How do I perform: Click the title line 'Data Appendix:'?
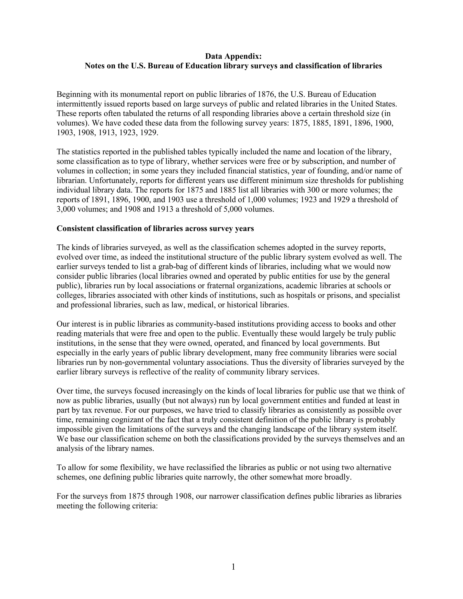pos(233,56)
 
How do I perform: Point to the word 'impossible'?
pos(75,429)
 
